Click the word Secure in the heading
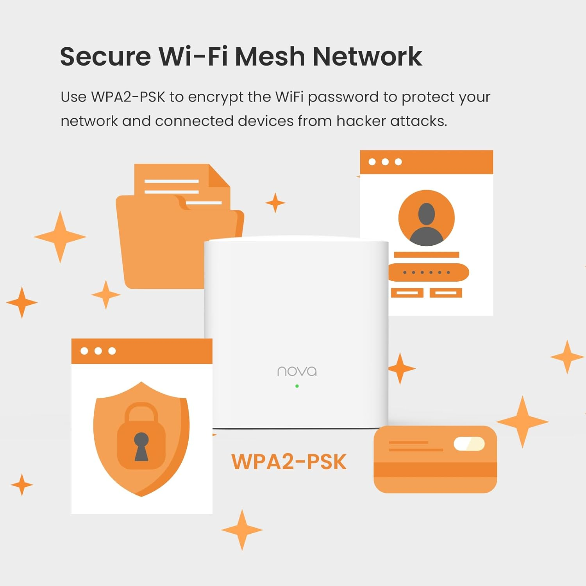coord(105,57)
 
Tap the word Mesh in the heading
coord(270,57)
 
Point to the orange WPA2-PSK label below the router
coord(289,462)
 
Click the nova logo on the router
coord(297,371)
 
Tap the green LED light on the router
coord(297,386)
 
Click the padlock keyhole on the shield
coord(141,445)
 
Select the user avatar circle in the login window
coord(426,218)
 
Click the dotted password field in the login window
coord(428,272)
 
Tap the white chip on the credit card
coord(469,444)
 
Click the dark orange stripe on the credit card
coord(435,470)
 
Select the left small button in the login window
coord(407,293)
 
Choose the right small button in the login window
coord(446,293)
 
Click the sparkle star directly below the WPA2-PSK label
coord(242,530)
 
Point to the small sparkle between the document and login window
coord(275,203)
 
